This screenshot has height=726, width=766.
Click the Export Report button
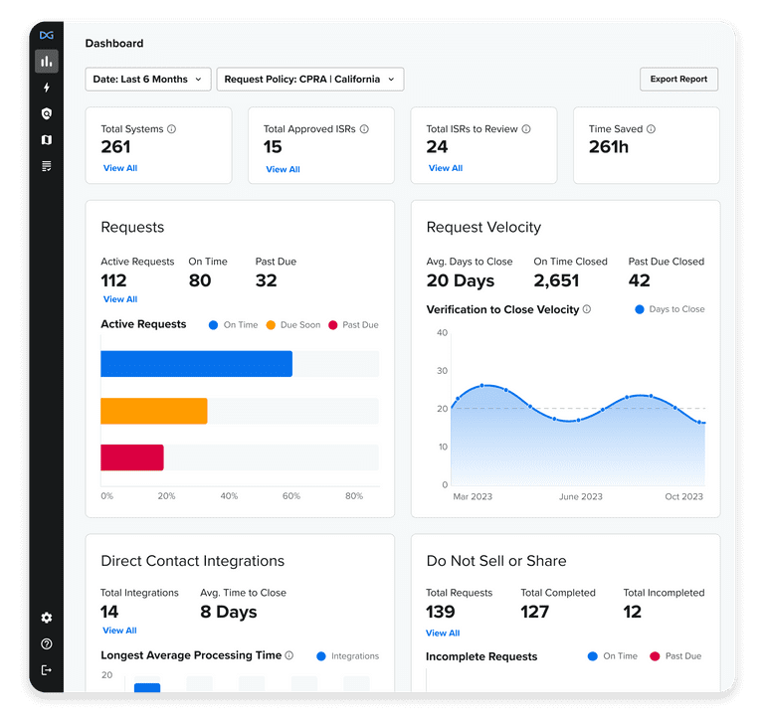pyautogui.click(x=678, y=80)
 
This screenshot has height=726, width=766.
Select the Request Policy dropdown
pyautogui.click(x=309, y=80)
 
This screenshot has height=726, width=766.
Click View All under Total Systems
pyautogui.click(x=120, y=168)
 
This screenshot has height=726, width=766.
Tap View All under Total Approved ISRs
pyautogui.click(x=283, y=169)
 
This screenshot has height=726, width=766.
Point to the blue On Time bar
pyautogui.click(x=196, y=364)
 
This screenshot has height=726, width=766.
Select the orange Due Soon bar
pyautogui.click(x=154, y=411)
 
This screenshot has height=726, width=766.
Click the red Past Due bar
pyautogui.click(x=132, y=457)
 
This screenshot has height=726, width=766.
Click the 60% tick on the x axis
pyautogui.click(x=291, y=496)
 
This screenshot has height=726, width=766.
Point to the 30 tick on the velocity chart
pyautogui.click(x=442, y=371)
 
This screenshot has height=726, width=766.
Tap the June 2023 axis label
pyautogui.click(x=580, y=496)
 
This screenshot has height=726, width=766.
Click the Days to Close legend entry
pyautogui.click(x=670, y=309)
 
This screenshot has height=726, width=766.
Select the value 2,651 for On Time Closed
pyautogui.click(x=556, y=281)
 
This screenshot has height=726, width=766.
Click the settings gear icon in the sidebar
pyautogui.click(x=46, y=618)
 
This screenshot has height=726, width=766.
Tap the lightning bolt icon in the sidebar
pyautogui.click(x=46, y=89)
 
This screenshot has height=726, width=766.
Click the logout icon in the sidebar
pyautogui.click(x=46, y=670)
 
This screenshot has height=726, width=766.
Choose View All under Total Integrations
pyautogui.click(x=119, y=631)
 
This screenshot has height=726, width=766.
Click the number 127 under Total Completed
pyautogui.click(x=535, y=612)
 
